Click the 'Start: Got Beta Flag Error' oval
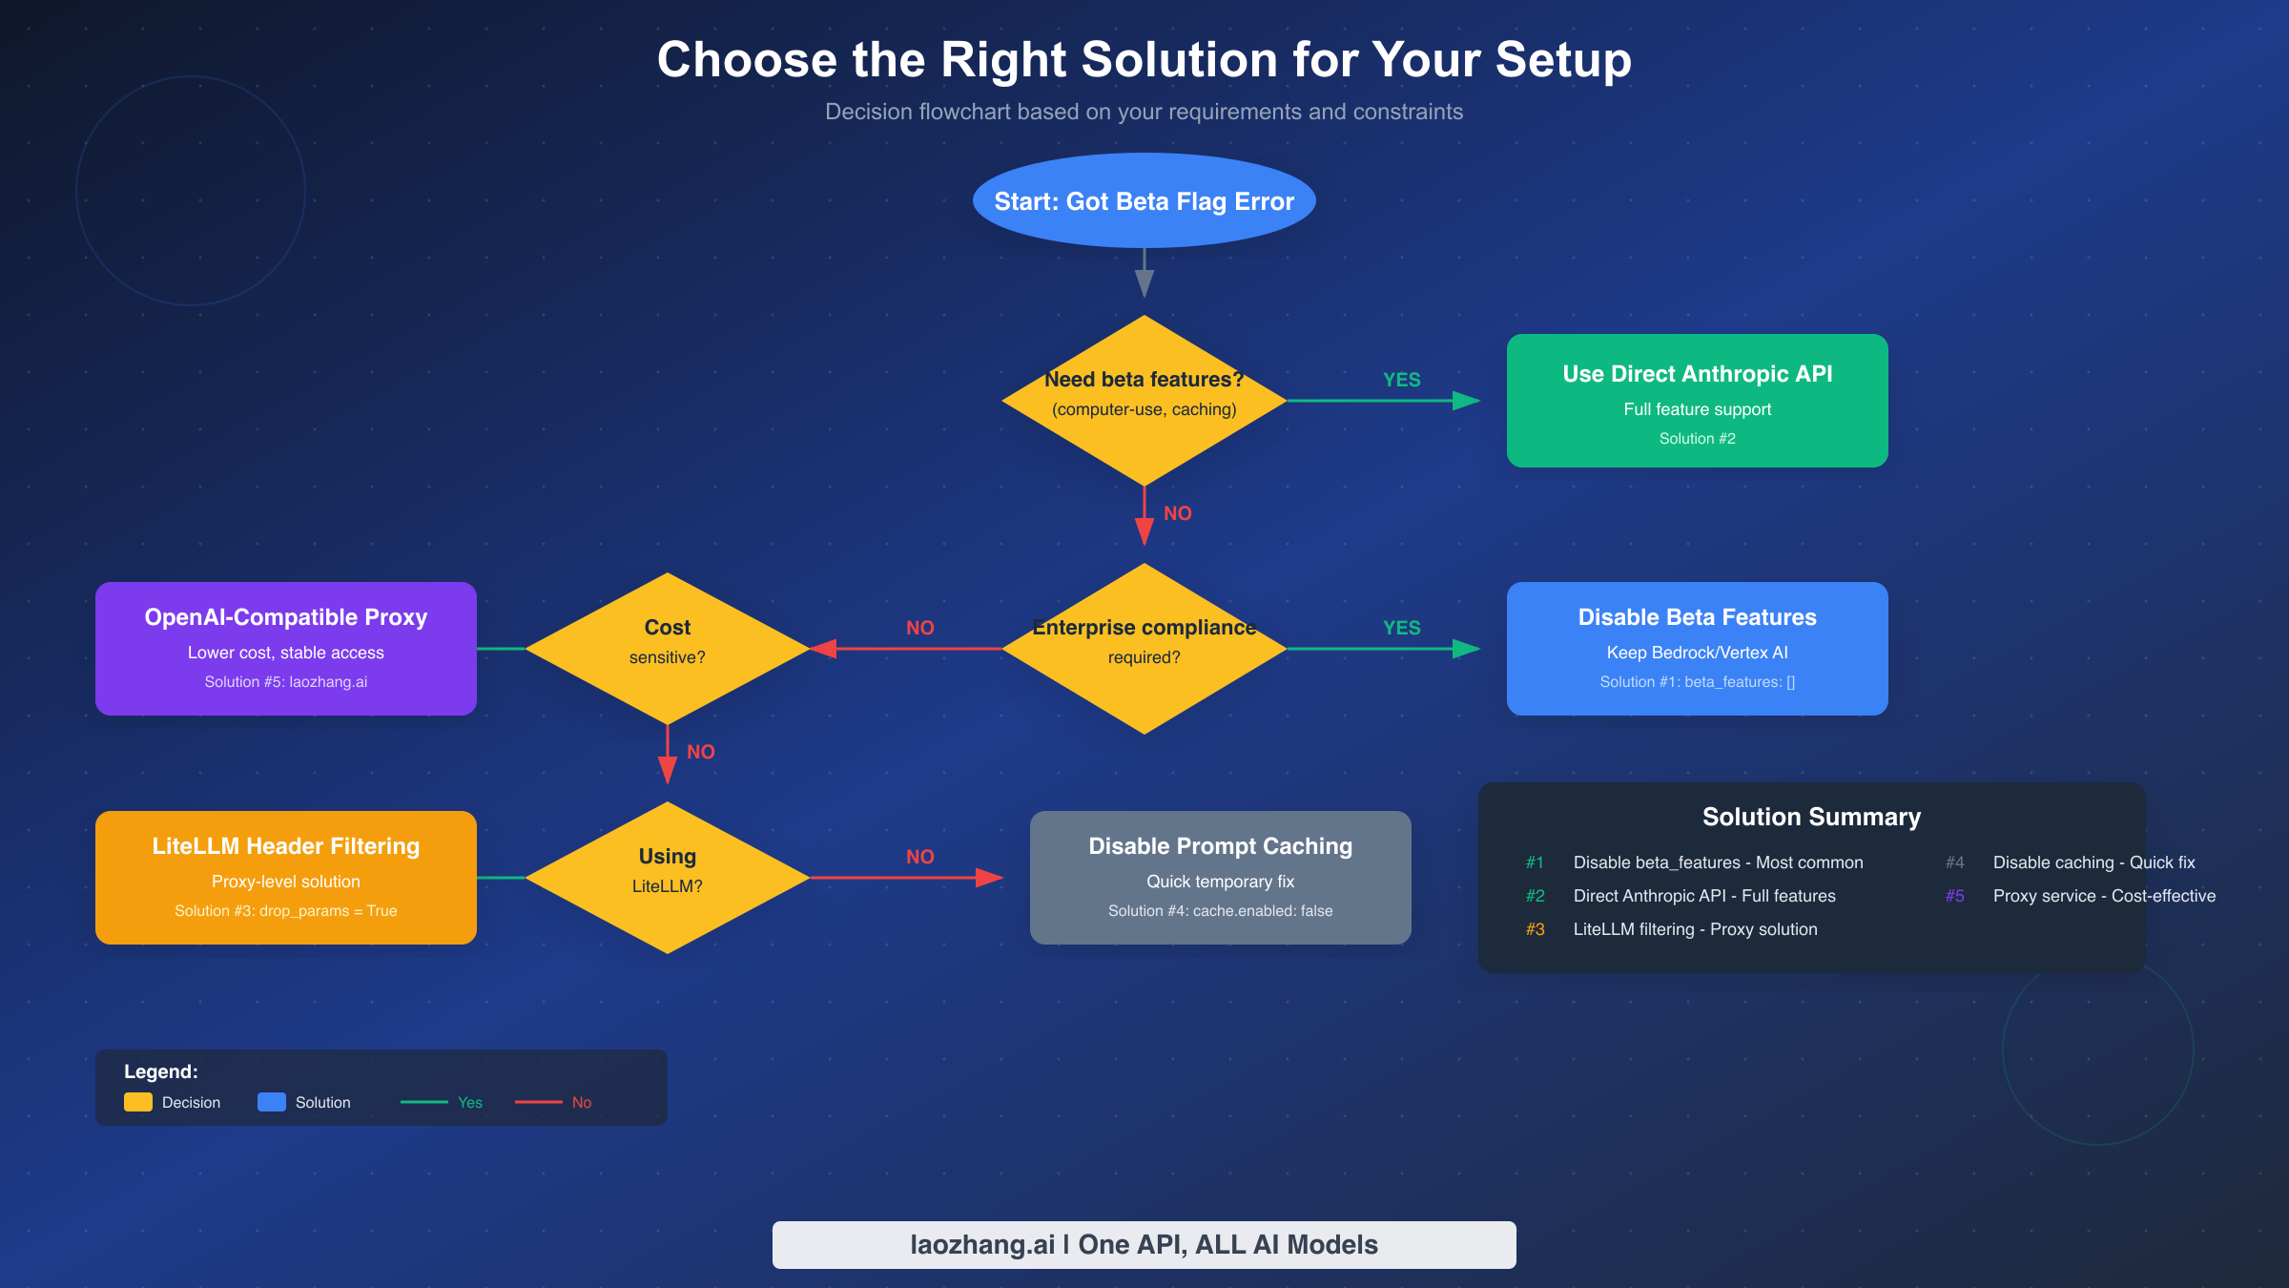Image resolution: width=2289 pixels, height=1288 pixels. (1144, 201)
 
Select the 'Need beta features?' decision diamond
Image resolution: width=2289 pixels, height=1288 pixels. (1144, 401)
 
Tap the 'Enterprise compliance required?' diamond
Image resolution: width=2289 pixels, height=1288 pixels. (1144, 649)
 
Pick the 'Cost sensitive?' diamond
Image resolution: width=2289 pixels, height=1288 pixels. (667, 649)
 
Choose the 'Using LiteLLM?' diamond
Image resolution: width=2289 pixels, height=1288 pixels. (667, 878)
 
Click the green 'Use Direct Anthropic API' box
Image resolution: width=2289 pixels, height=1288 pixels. (1697, 401)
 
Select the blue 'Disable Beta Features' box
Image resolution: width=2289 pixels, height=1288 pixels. (1697, 649)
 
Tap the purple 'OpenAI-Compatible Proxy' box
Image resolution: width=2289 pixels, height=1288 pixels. (285, 649)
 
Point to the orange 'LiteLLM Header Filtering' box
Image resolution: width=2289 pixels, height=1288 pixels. (285, 878)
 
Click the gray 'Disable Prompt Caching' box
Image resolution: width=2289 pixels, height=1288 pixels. (1220, 878)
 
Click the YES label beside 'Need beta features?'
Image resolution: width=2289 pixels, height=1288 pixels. (1401, 380)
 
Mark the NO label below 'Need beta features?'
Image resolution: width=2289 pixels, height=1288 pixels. (1177, 513)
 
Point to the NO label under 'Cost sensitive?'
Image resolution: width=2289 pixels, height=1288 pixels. (700, 752)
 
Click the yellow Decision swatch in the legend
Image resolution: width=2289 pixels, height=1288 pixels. (138, 1102)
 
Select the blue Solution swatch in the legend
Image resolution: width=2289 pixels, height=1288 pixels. (272, 1102)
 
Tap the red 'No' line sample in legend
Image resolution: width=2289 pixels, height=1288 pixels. (539, 1102)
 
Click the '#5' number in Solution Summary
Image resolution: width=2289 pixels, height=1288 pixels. (1954, 896)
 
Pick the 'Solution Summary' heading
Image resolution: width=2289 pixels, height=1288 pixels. (1811, 817)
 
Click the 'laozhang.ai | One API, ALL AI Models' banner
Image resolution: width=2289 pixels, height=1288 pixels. (1144, 1244)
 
